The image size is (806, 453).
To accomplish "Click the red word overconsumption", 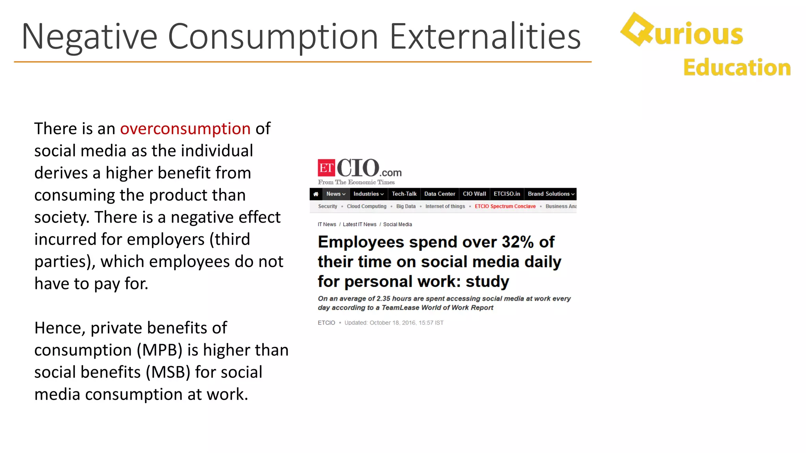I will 185,129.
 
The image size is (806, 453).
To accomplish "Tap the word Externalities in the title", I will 485,37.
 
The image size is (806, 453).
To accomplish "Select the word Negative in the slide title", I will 89,37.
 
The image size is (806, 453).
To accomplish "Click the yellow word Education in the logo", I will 737,68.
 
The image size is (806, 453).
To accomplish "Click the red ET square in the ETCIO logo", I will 326,168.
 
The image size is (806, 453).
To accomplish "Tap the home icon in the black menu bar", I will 316,194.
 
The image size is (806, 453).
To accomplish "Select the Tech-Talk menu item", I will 404,194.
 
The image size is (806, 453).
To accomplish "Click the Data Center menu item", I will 440,194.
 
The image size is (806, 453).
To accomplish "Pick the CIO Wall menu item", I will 474,194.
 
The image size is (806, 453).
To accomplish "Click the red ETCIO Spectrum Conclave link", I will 505,206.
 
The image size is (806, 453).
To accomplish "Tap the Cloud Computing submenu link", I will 366,206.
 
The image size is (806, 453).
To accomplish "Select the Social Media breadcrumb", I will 397,225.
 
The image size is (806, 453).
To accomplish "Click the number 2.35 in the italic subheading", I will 383,299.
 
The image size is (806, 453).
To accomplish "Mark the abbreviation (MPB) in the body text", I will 159,350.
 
